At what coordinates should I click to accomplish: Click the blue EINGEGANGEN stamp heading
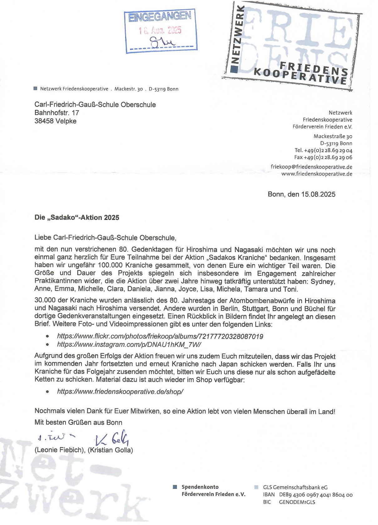coord(160,17)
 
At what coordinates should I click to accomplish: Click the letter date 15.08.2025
coord(318,194)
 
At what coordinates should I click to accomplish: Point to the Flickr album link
coord(160,336)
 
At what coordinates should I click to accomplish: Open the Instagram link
coord(129,344)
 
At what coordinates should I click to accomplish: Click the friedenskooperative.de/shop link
coord(120,392)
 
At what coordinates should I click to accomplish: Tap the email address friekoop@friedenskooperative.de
coord(312,167)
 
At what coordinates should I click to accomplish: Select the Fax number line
coord(323,157)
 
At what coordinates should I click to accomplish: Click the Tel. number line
coord(323,150)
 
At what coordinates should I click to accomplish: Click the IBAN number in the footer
coord(316,495)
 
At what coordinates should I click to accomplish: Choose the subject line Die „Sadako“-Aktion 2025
coord(77,218)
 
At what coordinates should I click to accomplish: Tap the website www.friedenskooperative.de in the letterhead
coord(317,174)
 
